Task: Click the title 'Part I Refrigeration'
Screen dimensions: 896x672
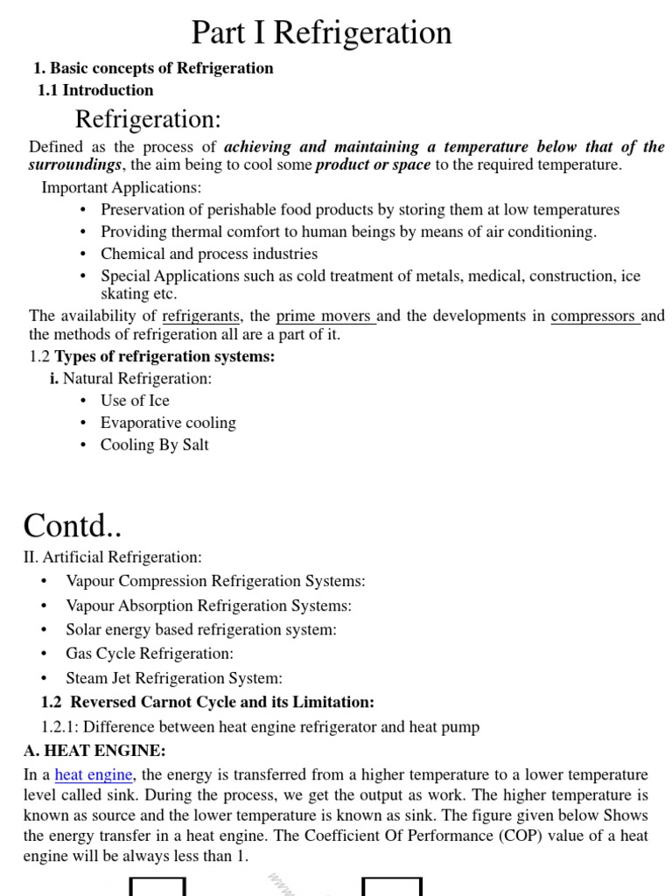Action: click(x=321, y=32)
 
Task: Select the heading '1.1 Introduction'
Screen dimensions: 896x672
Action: click(x=95, y=90)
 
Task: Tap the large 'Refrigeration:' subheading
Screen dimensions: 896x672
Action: click(x=148, y=119)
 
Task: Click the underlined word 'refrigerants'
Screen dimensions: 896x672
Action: click(x=201, y=316)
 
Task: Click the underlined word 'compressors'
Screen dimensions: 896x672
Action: click(x=594, y=316)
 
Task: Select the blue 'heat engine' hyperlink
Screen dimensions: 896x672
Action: click(x=94, y=774)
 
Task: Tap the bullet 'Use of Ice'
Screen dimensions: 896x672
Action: click(x=135, y=401)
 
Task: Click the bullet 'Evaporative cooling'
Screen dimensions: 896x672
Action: click(x=168, y=423)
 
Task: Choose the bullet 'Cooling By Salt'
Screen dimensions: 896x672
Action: click(x=154, y=444)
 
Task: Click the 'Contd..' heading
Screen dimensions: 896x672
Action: click(x=73, y=526)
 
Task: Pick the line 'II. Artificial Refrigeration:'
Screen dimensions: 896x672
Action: click(x=112, y=556)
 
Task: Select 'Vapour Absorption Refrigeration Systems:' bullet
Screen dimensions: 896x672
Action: click(x=208, y=605)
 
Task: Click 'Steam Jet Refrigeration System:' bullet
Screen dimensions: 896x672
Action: click(x=174, y=678)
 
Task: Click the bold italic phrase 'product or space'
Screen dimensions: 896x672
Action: click(x=373, y=165)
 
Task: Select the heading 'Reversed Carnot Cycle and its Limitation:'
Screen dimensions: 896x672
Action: click(x=222, y=702)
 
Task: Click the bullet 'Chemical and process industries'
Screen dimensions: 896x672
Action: click(x=209, y=254)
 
